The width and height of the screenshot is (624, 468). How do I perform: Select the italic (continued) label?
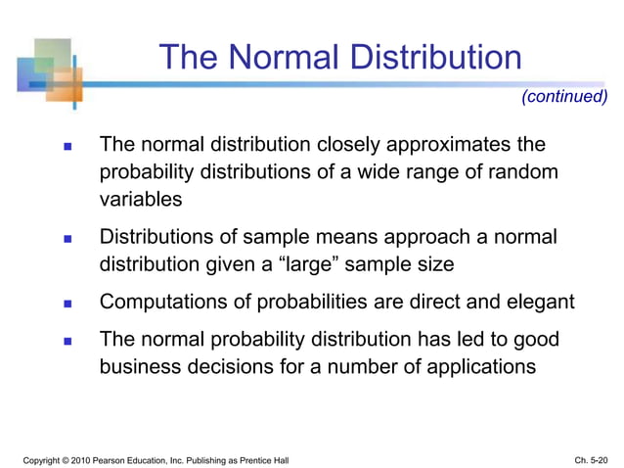564,96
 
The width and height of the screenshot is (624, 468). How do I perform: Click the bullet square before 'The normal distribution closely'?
68,147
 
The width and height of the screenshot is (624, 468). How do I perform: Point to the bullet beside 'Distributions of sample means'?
68,239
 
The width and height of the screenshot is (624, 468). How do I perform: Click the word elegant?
539,303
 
